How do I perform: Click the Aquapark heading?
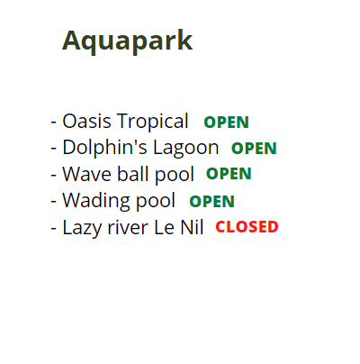pyautogui.click(x=127, y=41)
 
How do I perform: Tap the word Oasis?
pyautogui.click(x=86, y=121)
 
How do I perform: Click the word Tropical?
pyautogui.click(x=153, y=123)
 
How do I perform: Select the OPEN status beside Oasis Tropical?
pyautogui.click(x=226, y=123)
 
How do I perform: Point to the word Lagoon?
pyautogui.click(x=186, y=149)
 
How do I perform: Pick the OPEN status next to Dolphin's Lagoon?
pyautogui.click(x=254, y=149)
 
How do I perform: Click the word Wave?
pyautogui.click(x=87, y=174)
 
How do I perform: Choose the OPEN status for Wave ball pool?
pyautogui.click(x=229, y=174)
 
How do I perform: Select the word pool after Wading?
pyautogui.click(x=156, y=201)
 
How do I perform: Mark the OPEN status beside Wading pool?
pyautogui.click(x=211, y=201)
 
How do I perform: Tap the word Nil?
pyautogui.click(x=192, y=227)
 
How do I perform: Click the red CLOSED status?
pyautogui.click(x=247, y=227)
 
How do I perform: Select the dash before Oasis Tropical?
pyautogui.click(x=54, y=123)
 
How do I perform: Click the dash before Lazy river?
pyautogui.click(x=54, y=228)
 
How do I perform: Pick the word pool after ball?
pyautogui.click(x=175, y=175)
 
